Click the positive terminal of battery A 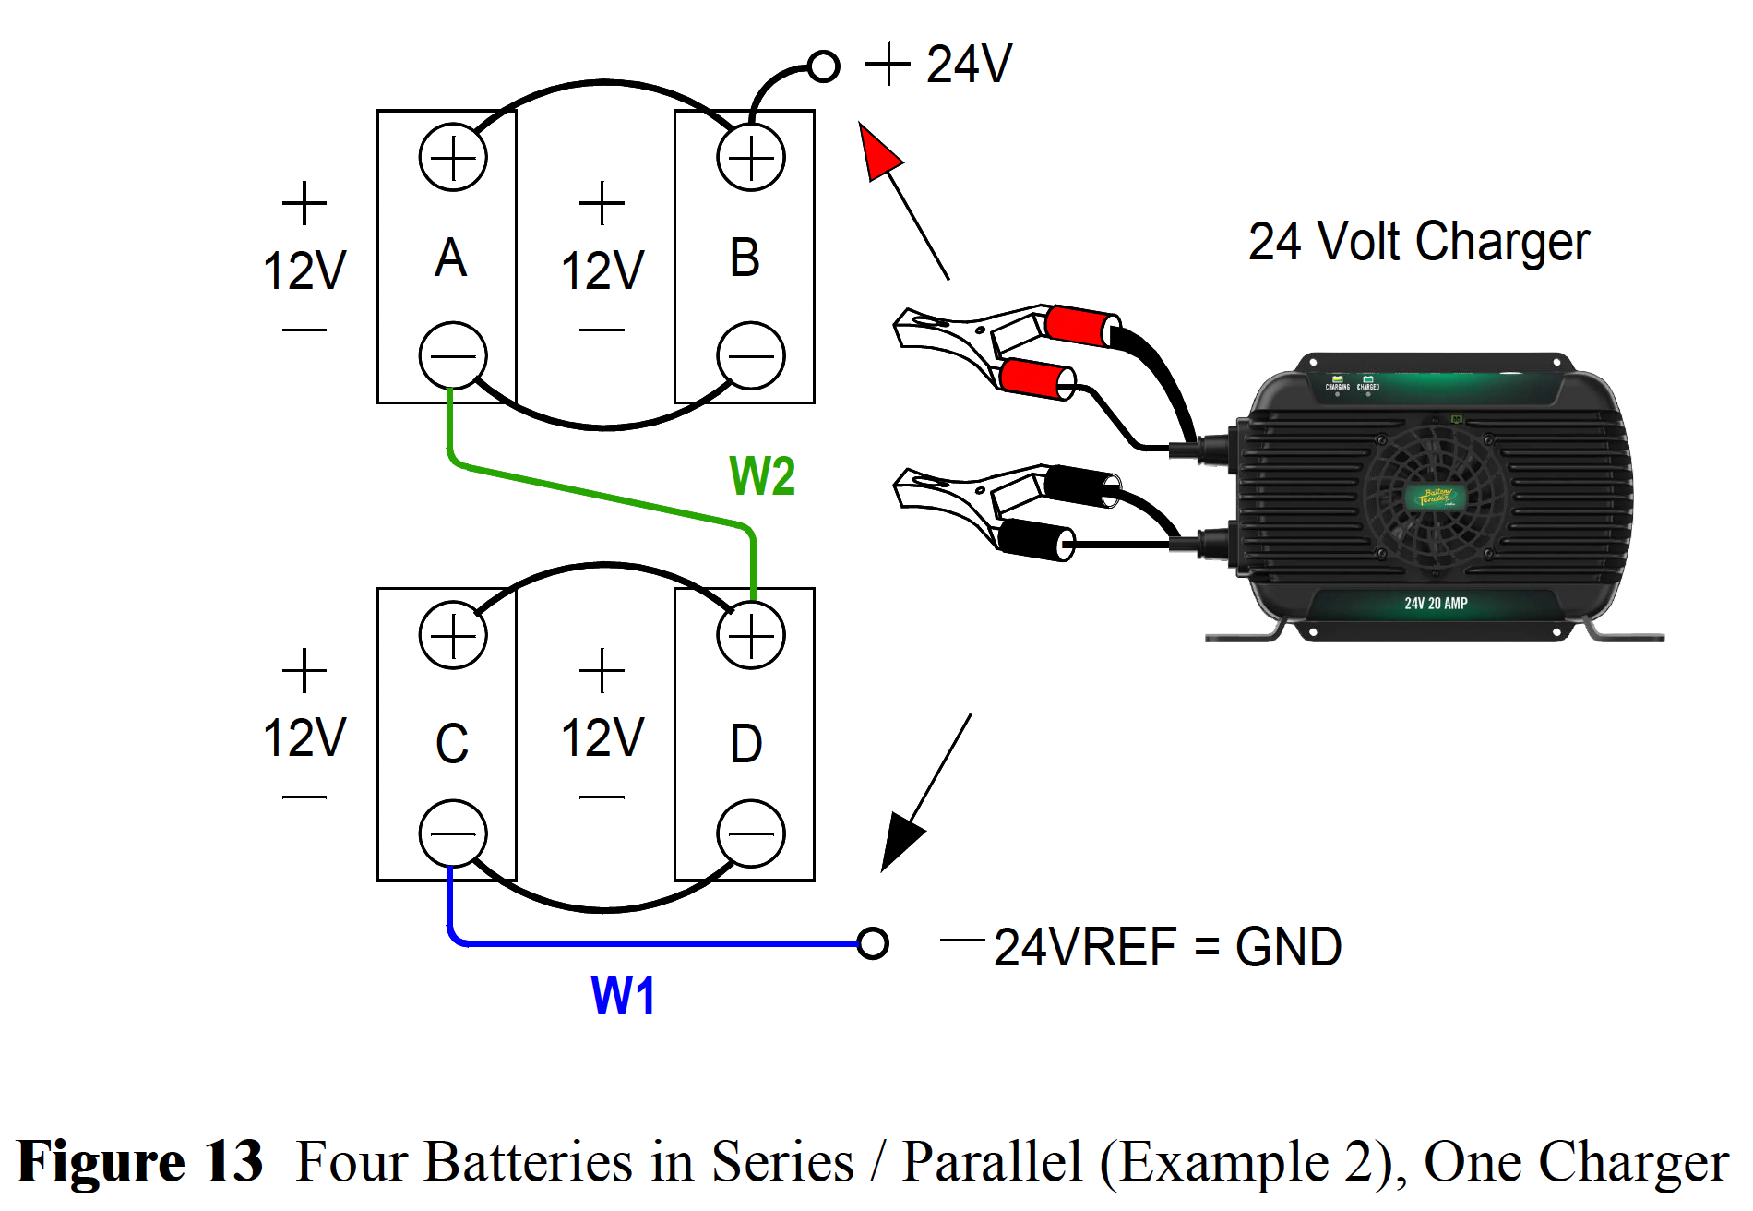coord(453,158)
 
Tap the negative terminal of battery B coord(751,355)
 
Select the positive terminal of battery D coord(751,635)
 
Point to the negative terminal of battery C coord(453,833)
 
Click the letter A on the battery coord(451,258)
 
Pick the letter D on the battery coord(746,744)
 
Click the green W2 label coord(762,476)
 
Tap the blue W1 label coord(623,997)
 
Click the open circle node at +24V coord(823,66)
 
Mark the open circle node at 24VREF coord(873,943)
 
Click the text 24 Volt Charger coord(1419,242)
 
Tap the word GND coord(1288,948)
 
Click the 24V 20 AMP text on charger coord(1436,604)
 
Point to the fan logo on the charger coord(1434,498)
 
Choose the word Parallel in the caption coord(992,1161)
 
